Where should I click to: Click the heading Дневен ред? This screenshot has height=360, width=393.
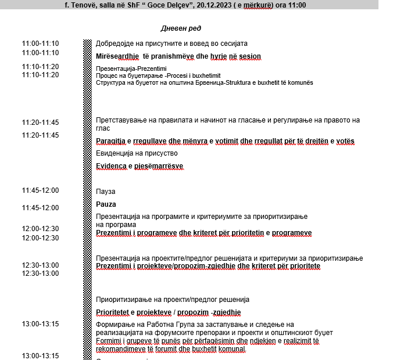tap(180, 28)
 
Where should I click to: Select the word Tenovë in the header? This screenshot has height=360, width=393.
tap(83, 5)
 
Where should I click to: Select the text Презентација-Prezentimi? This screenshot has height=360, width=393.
tap(123, 69)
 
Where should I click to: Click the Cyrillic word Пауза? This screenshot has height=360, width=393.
tap(106, 191)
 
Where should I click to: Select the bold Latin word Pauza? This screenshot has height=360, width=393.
tap(106, 204)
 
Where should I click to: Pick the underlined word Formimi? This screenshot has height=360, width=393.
tap(108, 340)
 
